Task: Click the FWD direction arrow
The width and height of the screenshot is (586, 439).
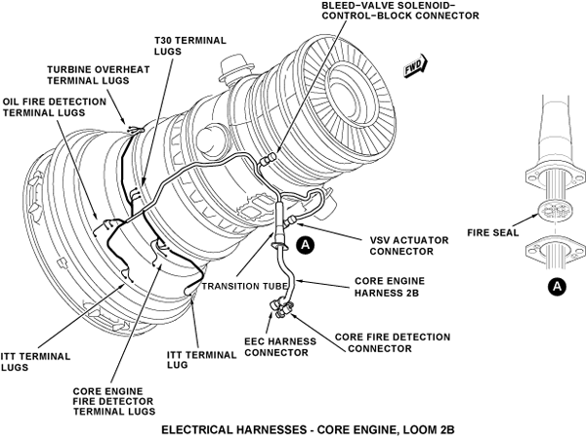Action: click(x=416, y=66)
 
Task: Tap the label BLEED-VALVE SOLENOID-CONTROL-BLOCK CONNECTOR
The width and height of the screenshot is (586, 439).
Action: click(x=400, y=10)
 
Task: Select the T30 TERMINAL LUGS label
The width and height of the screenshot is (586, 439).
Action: click(x=190, y=46)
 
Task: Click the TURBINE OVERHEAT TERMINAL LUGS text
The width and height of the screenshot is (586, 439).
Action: click(x=99, y=75)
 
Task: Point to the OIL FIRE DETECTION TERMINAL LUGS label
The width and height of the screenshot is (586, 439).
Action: click(x=55, y=107)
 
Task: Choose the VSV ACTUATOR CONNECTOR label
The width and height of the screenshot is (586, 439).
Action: click(x=409, y=246)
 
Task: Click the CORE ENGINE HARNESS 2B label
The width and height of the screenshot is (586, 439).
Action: click(x=390, y=287)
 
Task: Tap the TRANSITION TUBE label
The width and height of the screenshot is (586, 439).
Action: click(x=245, y=286)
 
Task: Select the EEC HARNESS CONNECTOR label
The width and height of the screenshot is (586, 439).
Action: click(x=280, y=346)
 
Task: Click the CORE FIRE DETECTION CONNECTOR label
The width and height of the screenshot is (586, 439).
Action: click(x=393, y=342)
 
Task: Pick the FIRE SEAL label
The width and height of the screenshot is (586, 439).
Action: click(x=493, y=232)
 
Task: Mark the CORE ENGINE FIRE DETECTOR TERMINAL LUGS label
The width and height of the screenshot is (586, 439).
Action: click(x=114, y=401)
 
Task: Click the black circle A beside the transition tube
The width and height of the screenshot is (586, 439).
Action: click(x=306, y=245)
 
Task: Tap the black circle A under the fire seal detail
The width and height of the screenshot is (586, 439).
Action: click(x=557, y=286)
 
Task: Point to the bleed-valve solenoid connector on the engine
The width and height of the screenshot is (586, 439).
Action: click(x=269, y=159)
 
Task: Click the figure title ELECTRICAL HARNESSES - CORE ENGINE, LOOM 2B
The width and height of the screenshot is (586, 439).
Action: click(x=308, y=429)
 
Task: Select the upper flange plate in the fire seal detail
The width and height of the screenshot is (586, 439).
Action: click(x=554, y=178)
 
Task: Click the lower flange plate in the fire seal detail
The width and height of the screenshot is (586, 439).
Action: click(x=555, y=251)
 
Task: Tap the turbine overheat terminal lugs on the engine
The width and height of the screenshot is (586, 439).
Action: click(x=136, y=131)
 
